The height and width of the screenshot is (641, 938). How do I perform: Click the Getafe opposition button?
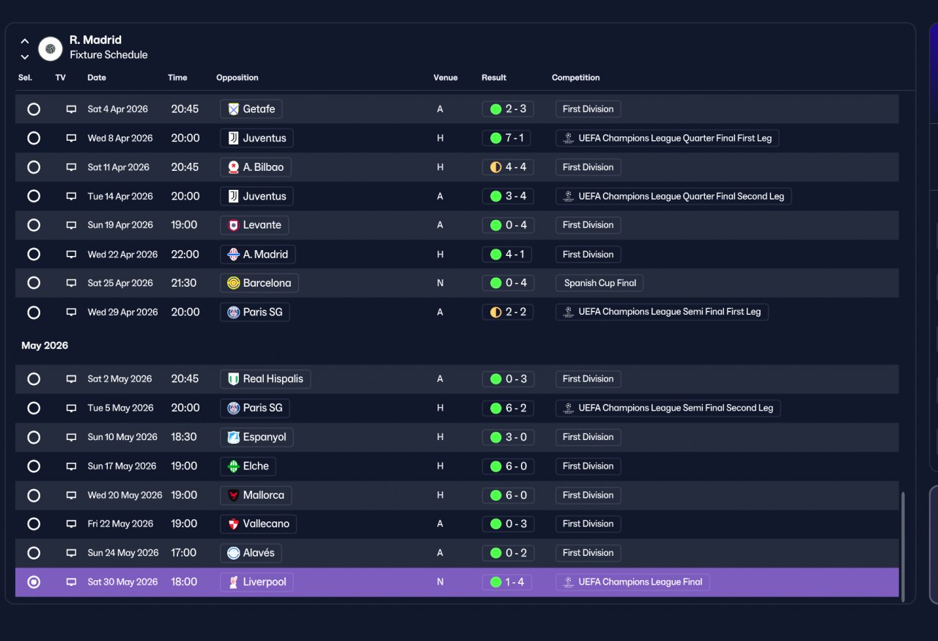point(251,109)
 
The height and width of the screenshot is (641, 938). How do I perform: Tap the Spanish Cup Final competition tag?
point(599,283)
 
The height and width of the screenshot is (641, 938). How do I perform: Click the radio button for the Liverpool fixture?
point(34,582)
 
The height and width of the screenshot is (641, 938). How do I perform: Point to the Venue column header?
point(445,78)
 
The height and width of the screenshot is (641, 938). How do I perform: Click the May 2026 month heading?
point(45,345)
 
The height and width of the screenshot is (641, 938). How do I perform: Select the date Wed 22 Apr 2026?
point(122,254)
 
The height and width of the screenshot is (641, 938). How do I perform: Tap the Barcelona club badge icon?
point(233,283)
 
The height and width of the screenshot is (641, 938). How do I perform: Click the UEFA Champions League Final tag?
point(632,582)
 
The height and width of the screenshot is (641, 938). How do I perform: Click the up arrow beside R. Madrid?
point(25,41)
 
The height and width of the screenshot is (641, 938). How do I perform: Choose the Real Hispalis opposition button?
point(265,379)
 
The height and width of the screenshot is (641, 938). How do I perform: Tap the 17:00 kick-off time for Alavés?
point(183,552)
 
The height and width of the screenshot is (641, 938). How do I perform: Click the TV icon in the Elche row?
point(71,466)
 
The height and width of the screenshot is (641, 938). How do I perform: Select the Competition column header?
point(575,78)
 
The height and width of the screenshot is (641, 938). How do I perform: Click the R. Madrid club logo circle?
point(51,48)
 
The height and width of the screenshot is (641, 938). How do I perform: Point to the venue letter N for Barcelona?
point(440,283)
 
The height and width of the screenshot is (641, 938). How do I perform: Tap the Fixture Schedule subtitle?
point(108,55)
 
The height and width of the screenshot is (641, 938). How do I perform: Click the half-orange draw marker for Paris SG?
point(496,312)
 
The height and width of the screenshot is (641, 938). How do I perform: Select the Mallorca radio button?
point(34,496)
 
